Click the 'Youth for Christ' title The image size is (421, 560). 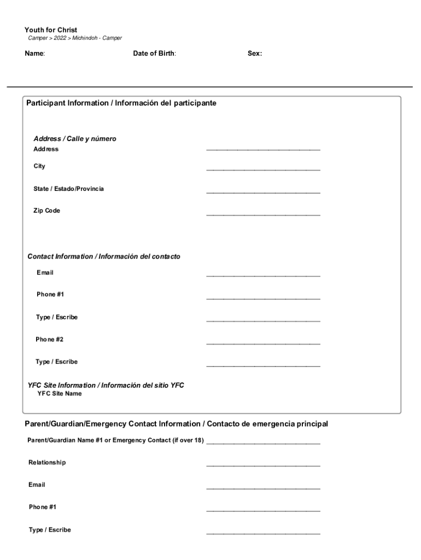pos(51,30)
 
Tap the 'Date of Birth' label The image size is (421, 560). pos(154,54)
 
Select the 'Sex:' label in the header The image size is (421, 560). pos(254,54)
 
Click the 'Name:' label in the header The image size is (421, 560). pos(34,54)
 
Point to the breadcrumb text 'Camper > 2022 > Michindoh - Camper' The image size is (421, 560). pos(75,38)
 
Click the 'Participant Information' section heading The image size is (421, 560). pos(121,103)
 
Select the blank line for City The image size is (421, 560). pos(263,170)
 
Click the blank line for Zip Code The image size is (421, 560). pos(263,214)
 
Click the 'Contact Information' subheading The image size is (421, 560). pos(104,256)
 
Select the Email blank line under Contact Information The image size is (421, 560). pos(263,276)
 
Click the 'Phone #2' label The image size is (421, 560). pos(50,340)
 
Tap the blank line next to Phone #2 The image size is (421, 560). pos(263,343)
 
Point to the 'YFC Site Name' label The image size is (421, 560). pos(60,394)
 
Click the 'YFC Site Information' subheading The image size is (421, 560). pos(106,386)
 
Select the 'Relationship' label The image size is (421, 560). pos(47,463)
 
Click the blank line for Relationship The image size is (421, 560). pos(263,466)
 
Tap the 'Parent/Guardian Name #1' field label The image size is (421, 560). pos(115,440)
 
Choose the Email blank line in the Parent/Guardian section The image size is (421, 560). pos(263,488)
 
